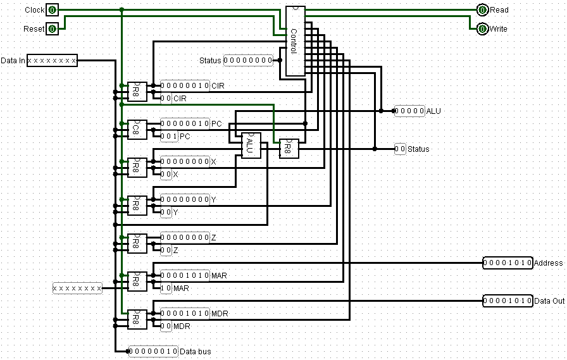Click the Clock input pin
click(x=53, y=10)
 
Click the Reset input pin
click(x=53, y=28)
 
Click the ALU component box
click(x=251, y=146)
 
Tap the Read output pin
click(x=483, y=10)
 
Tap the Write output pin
click(x=483, y=28)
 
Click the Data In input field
click(x=53, y=61)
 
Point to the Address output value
click(x=507, y=263)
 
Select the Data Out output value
click(x=507, y=301)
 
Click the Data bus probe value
click(x=153, y=351)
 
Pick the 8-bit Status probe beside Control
click(x=248, y=61)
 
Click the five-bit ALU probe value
click(x=409, y=111)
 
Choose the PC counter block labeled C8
click(x=137, y=130)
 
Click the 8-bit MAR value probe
click(x=185, y=275)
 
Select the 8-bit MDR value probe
click(x=185, y=313)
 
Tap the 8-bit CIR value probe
click(x=185, y=85)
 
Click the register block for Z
click(x=137, y=244)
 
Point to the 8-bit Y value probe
click(x=185, y=199)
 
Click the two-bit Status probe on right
click(x=400, y=149)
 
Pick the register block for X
click(x=137, y=168)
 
